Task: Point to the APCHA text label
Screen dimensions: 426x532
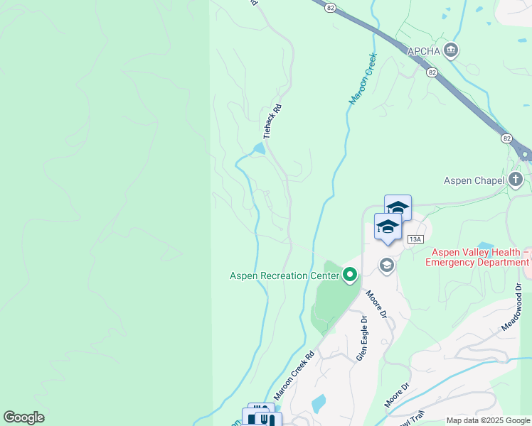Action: [x=423, y=51]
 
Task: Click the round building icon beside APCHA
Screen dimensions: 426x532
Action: [x=450, y=50]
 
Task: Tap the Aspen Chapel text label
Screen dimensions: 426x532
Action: [x=474, y=180]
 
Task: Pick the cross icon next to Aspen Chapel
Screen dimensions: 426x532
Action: [x=516, y=180]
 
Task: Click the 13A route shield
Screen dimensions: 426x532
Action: [x=416, y=239]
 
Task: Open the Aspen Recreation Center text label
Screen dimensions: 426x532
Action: [x=284, y=275]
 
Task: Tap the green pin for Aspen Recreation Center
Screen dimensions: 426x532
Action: [x=349, y=275]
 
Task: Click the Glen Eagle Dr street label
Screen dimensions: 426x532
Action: [x=362, y=338]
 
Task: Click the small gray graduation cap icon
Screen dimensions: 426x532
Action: [x=386, y=266]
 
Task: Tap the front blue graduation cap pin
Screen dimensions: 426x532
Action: [x=388, y=227]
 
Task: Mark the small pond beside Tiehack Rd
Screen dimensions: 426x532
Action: [x=258, y=148]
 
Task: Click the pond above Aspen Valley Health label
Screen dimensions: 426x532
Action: [x=486, y=246]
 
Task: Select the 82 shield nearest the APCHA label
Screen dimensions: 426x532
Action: [x=432, y=72]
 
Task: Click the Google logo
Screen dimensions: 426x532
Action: [x=23, y=417]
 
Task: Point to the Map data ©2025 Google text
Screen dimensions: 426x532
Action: [x=488, y=420]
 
